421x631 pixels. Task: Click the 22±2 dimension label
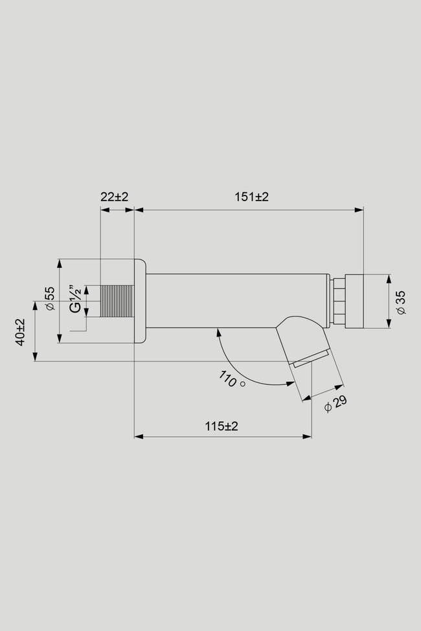(x=115, y=197)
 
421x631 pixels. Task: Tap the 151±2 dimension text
(x=251, y=197)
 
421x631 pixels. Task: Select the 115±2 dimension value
(x=222, y=426)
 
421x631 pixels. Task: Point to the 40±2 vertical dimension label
(x=20, y=332)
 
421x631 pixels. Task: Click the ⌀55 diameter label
(x=50, y=298)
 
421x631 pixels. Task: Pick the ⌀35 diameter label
(x=401, y=303)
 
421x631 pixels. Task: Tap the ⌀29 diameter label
(x=336, y=404)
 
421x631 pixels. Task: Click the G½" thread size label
(x=75, y=298)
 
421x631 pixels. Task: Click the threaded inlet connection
(x=117, y=301)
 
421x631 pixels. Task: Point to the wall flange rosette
(x=140, y=301)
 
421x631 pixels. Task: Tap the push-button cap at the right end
(x=354, y=301)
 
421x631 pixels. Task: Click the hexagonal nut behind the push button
(x=337, y=301)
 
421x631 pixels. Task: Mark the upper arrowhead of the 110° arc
(x=218, y=332)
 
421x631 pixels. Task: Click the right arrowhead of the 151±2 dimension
(x=359, y=210)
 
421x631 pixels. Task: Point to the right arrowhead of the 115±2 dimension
(x=307, y=436)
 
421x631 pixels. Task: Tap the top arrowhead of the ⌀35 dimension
(x=389, y=278)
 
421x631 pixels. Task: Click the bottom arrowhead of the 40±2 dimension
(x=35, y=357)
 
